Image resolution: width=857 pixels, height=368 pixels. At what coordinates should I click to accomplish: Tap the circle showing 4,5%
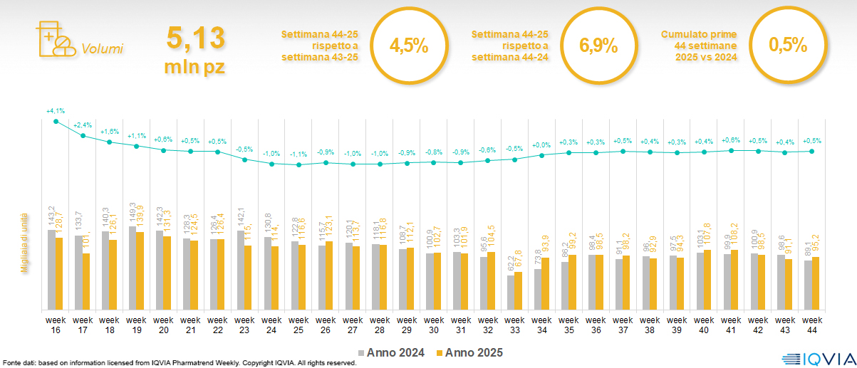pyautogui.click(x=409, y=46)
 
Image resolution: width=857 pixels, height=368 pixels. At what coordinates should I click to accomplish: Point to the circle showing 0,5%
pyautogui.click(x=787, y=45)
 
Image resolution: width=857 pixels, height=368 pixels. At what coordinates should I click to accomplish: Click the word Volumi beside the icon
pyautogui.click(x=102, y=49)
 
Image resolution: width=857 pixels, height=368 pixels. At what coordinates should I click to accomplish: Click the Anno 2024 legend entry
pyautogui.click(x=394, y=352)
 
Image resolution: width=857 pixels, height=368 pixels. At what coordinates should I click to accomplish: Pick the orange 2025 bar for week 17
pyautogui.click(x=87, y=281)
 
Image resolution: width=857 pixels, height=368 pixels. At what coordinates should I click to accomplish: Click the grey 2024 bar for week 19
pyautogui.click(x=133, y=268)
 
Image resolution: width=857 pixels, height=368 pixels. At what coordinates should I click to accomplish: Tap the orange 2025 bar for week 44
pyautogui.click(x=816, y=283)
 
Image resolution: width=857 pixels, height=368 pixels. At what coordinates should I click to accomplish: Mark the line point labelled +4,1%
pyautogui.click(x=56, y=121)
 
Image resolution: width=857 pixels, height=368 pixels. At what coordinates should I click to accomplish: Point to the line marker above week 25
pyautogui.click(x=299, y=165)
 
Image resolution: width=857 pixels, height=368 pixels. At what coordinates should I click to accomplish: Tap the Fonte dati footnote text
pyautogui.click(x=178, y=363)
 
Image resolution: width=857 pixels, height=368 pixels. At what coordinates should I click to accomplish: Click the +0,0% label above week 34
pyautogui.click(x=541, y=145)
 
